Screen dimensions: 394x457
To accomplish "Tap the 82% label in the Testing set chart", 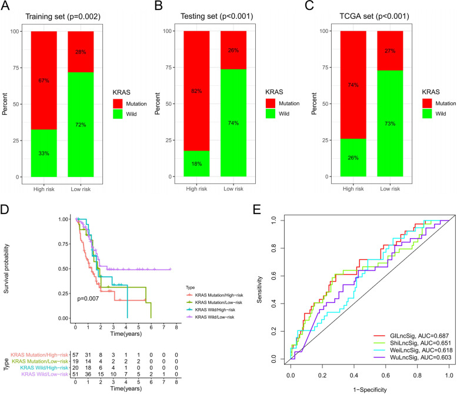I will coord(200,75).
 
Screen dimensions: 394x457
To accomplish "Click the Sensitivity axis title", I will coord(259,287).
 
